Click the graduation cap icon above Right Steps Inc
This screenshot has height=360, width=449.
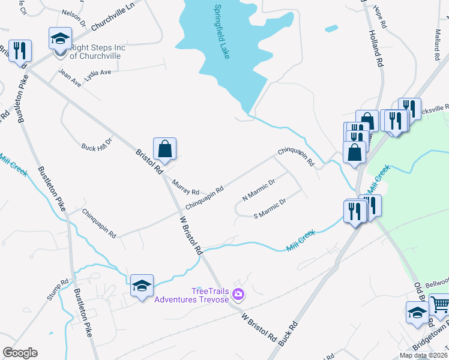click(x=59, y=38)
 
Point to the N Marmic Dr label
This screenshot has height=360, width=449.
click(x=258, y=190)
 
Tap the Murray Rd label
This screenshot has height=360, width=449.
click(x=185, y=188)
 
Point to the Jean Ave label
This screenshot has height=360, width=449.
click(x=69, y=79)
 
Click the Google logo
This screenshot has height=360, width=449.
click(x=20, y=352)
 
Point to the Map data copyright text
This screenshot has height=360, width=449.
click(x=423, y=355)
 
